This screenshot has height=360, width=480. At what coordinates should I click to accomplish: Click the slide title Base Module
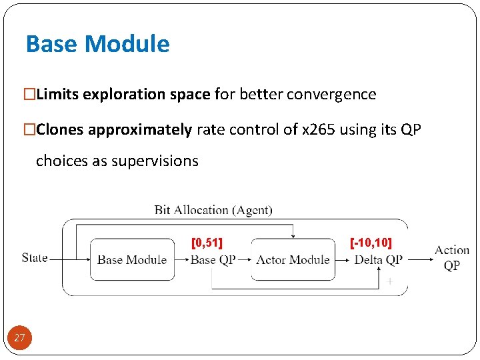97,44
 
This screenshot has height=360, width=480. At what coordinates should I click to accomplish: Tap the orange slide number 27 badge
19,338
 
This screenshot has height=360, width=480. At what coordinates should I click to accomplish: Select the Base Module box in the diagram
131,259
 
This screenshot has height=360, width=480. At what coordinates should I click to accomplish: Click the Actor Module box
293,259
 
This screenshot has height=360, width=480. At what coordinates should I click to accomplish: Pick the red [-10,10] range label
371,242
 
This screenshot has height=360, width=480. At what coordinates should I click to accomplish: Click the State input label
35,257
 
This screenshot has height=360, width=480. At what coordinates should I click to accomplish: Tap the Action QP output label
452,257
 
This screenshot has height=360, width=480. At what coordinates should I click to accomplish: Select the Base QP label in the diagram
213,260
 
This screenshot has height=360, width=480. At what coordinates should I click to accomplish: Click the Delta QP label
378,260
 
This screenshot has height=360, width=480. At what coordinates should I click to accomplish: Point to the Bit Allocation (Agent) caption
213,210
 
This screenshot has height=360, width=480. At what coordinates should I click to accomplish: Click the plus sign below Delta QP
389,282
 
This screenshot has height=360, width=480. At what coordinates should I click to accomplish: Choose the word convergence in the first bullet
331,95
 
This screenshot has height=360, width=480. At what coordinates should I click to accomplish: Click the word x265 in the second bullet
319,129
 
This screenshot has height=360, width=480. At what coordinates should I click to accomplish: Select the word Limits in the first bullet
57,95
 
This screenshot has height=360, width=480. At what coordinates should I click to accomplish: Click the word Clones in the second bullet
60,129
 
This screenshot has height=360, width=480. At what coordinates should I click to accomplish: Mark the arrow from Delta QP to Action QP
417,259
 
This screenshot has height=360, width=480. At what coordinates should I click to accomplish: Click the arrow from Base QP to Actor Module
243,259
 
